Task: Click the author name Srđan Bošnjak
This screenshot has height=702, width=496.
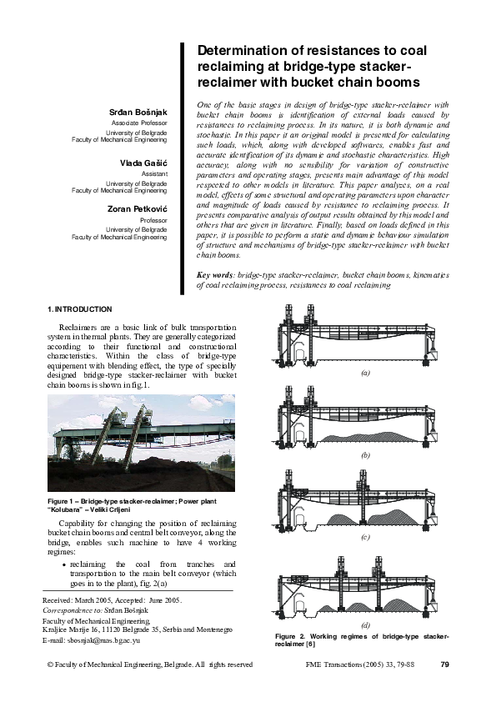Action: (138, 112)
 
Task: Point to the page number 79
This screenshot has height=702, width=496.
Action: (443, 664)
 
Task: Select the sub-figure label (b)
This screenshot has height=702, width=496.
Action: (364, 457)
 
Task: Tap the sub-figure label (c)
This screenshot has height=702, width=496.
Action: (364, 538)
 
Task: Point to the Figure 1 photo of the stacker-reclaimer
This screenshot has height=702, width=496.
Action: (141, 443)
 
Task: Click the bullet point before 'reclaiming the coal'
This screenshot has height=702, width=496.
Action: (65, 564)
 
